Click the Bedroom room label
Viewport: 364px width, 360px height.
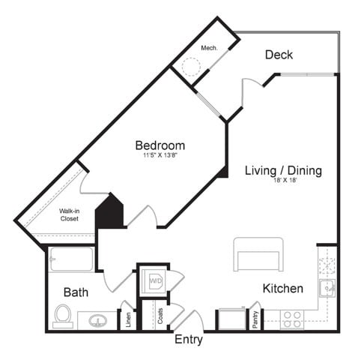click(160, 145)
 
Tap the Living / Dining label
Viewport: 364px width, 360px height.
click(283, 171)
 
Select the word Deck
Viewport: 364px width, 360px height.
click(279, 55)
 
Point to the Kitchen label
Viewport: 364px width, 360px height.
click(282, 288)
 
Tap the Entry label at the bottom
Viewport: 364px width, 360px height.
click(189, 340)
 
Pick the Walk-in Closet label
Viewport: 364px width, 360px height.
click(73, 215)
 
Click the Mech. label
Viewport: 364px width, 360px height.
click(209, 49)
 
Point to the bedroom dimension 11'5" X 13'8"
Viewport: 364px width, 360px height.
click(160, 156)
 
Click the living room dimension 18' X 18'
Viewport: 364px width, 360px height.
click(283, 181)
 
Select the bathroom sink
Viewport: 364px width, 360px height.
click(97, 320)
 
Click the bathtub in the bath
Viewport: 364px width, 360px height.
click(71, 260)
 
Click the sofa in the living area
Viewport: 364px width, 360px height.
click(258, 255)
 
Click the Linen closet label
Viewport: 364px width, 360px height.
click(128, 318)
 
